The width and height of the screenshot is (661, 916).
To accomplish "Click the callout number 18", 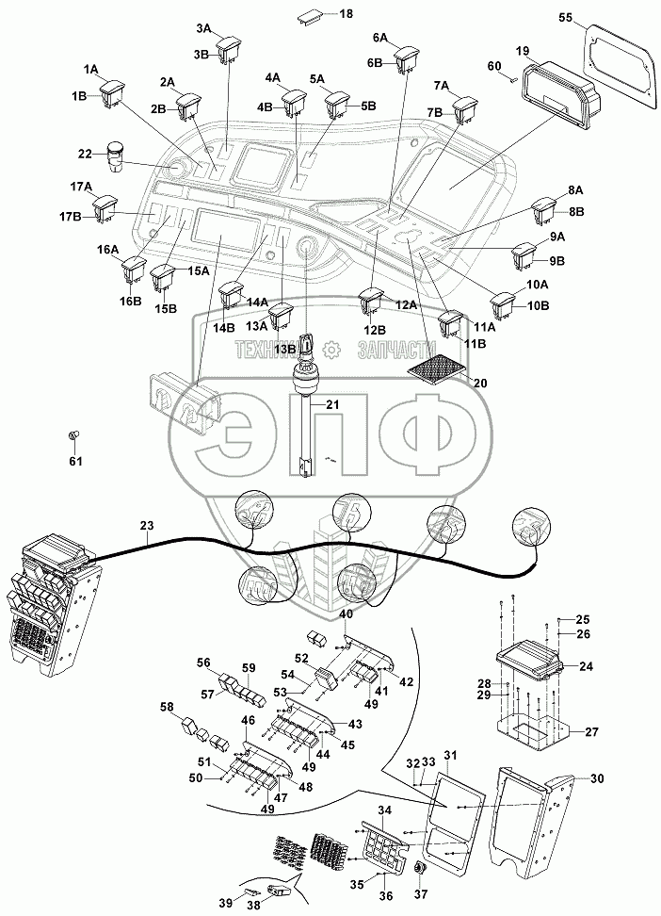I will point(319,14).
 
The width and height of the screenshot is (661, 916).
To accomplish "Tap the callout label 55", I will point(591,18).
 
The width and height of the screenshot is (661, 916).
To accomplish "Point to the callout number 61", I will point(75,461).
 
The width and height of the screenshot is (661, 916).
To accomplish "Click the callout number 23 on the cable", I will point(146,526).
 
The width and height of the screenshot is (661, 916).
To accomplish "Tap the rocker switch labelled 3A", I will point(230,49).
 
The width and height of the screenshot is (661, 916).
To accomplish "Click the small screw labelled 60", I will point(514,81).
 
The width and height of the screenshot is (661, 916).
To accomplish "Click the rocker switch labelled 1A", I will point(115,90).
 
